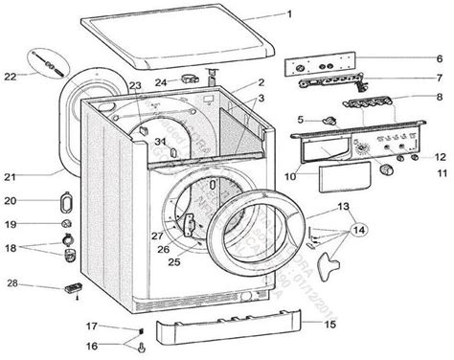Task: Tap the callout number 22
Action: [x=10, y=76]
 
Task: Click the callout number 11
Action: [x=443, y=173]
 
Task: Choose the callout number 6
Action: [x=438, y=58]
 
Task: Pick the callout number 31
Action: [x=162, y=142]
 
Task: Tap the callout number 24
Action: [x=162, y=83]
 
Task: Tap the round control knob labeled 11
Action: [x=387, y=169]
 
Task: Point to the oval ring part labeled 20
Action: [x=65, y=202]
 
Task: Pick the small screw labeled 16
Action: [x=141, y=346]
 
